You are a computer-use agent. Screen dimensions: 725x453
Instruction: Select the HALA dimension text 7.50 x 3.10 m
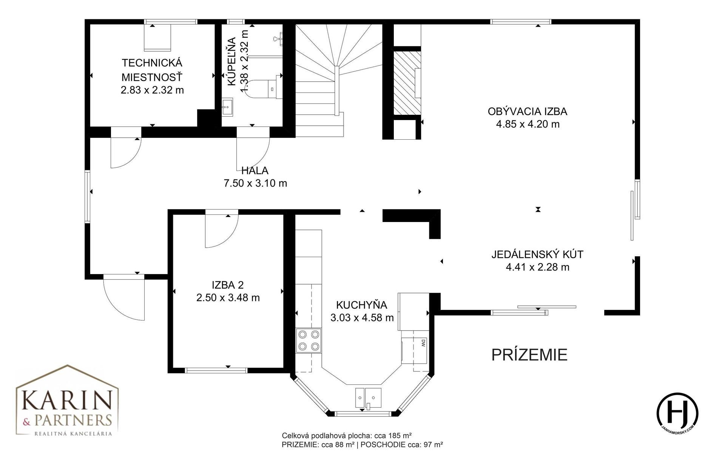tap(255, 183)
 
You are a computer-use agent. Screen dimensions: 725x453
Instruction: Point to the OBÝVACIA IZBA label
tap(528, 111)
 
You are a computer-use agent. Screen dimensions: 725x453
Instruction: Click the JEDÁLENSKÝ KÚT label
tap(537, 254)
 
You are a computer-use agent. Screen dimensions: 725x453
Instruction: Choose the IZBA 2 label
tap(228, 285)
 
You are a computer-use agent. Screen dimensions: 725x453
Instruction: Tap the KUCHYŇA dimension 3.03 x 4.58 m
tap(362, 318)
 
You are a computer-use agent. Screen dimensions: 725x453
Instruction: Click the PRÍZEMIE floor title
tap(529, 355)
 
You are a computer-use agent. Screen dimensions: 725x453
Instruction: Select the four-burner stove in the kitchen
tap(309, 341)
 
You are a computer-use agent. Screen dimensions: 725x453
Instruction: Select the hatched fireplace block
tap(407, 83)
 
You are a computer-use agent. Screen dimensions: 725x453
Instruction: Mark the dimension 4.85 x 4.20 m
tap(528, 124)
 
